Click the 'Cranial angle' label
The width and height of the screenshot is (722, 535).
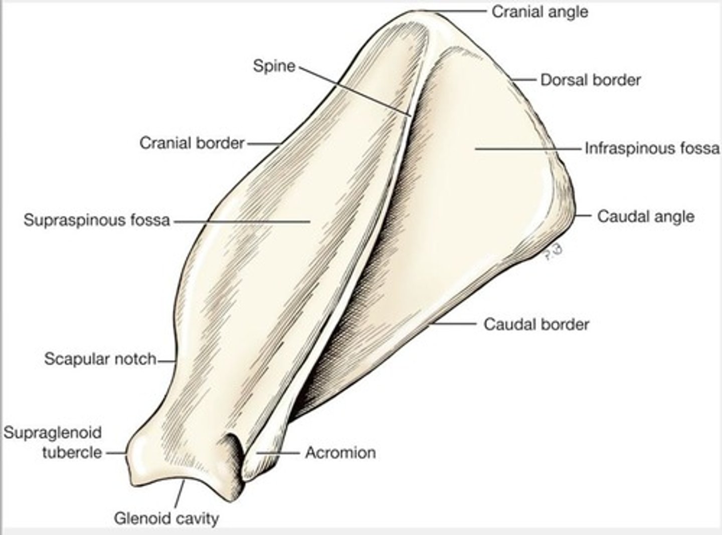(x=539, y=12)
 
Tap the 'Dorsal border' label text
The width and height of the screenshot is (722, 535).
(x=590, y=80)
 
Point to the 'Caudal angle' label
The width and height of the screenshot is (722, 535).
(x=646, y=216)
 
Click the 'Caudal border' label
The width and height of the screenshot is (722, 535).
(x=536, y=324)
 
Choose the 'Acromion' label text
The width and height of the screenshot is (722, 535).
(x=340, y=452)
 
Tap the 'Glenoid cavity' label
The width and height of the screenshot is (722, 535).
(x=166, y=518)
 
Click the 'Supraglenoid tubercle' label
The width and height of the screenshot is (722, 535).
(x=53, y=442)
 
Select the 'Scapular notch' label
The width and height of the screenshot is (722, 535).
(x=100, y=359)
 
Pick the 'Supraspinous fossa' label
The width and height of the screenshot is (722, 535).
(x=97, y=220)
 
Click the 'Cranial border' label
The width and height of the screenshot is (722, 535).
(x=192, y=143)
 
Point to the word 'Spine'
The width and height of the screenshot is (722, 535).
(x=274, y=66)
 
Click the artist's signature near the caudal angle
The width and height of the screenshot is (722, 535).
(x=552, y=252)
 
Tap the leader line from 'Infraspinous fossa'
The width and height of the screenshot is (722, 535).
(x=526, y=148)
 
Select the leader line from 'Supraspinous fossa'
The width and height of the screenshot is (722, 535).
(x=241, y=220)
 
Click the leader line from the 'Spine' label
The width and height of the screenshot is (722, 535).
(x=356, y=90)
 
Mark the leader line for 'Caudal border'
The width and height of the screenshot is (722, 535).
(x=454, y=324)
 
